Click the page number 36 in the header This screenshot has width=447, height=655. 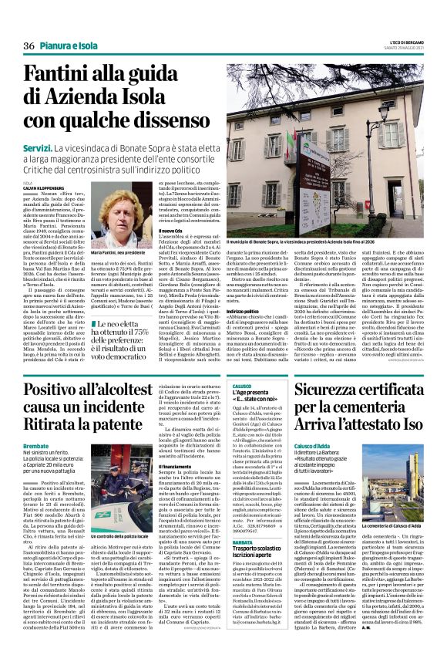[30, 46]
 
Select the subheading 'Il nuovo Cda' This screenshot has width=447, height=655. [170, 230]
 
